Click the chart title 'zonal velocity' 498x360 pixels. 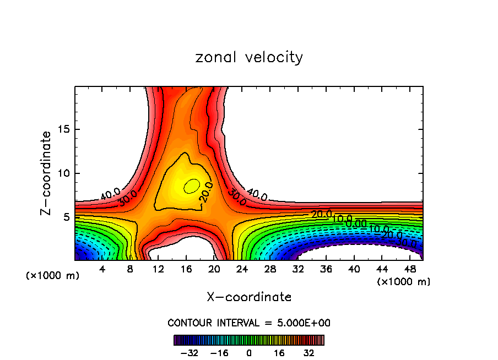(249, 57)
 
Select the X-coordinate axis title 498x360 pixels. (249, 297)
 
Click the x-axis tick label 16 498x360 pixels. (186, 269)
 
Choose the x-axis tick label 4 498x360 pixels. (102, 269)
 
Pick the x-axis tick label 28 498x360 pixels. (270, 269)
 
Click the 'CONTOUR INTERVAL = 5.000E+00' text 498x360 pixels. (249, 323)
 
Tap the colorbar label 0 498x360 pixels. (249, 353)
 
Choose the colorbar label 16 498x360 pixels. (279, 353)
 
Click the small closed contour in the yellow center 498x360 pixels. (192, 186)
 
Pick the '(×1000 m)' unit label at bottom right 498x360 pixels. (403, 282)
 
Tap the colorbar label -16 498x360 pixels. (219, 353)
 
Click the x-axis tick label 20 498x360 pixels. (214, 269)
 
